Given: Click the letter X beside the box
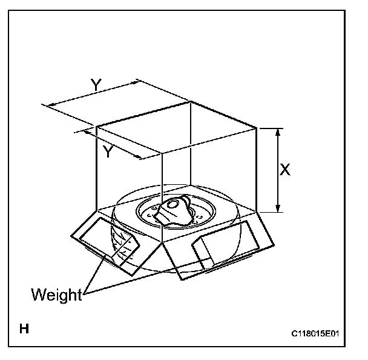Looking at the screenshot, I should coord(285,170).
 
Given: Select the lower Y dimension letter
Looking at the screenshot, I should coord(108,152).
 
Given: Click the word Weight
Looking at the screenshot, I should coord(56,295).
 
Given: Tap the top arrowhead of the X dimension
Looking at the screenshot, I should coord(278,131).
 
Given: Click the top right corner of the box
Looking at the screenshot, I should coord(258,128).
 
